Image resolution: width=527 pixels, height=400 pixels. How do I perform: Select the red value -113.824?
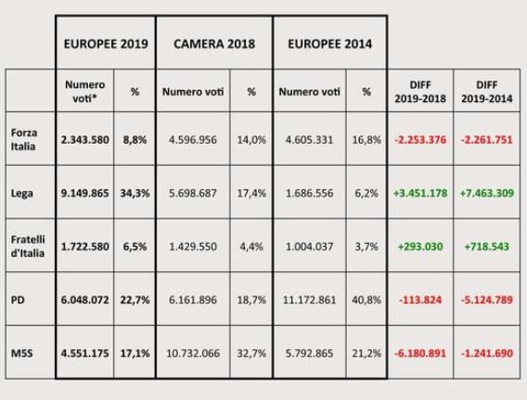coord(421,302)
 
